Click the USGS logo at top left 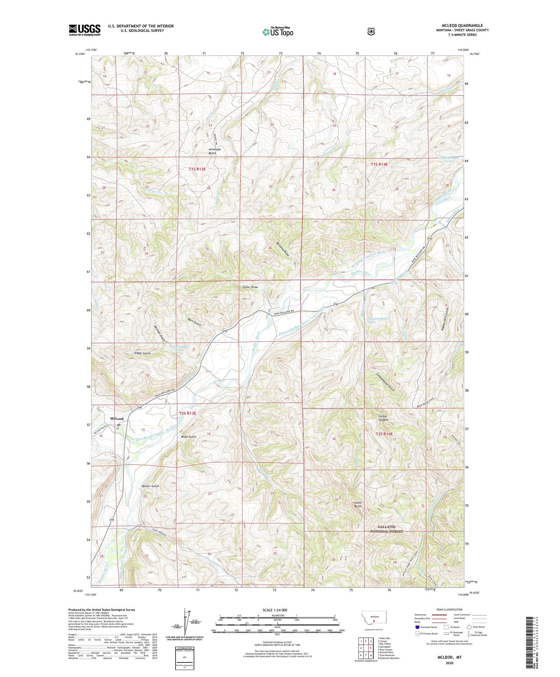(84, 30)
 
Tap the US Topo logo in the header (278, 32)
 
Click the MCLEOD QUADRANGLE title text (460, 25)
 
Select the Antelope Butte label (214, 151)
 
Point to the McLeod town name (116, 419)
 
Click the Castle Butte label (358, 504)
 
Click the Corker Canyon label (383, 418)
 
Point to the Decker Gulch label (150, 486)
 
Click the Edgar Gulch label (142, 353)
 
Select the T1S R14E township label (379, 164)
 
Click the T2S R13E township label (187, 413)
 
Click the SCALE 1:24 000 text (275, 610)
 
